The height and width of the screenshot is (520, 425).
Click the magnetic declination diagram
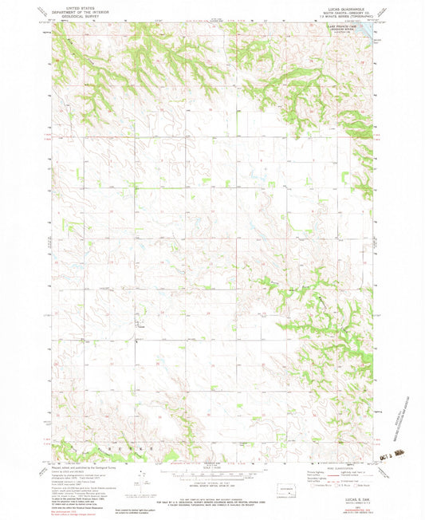(144, 479)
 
